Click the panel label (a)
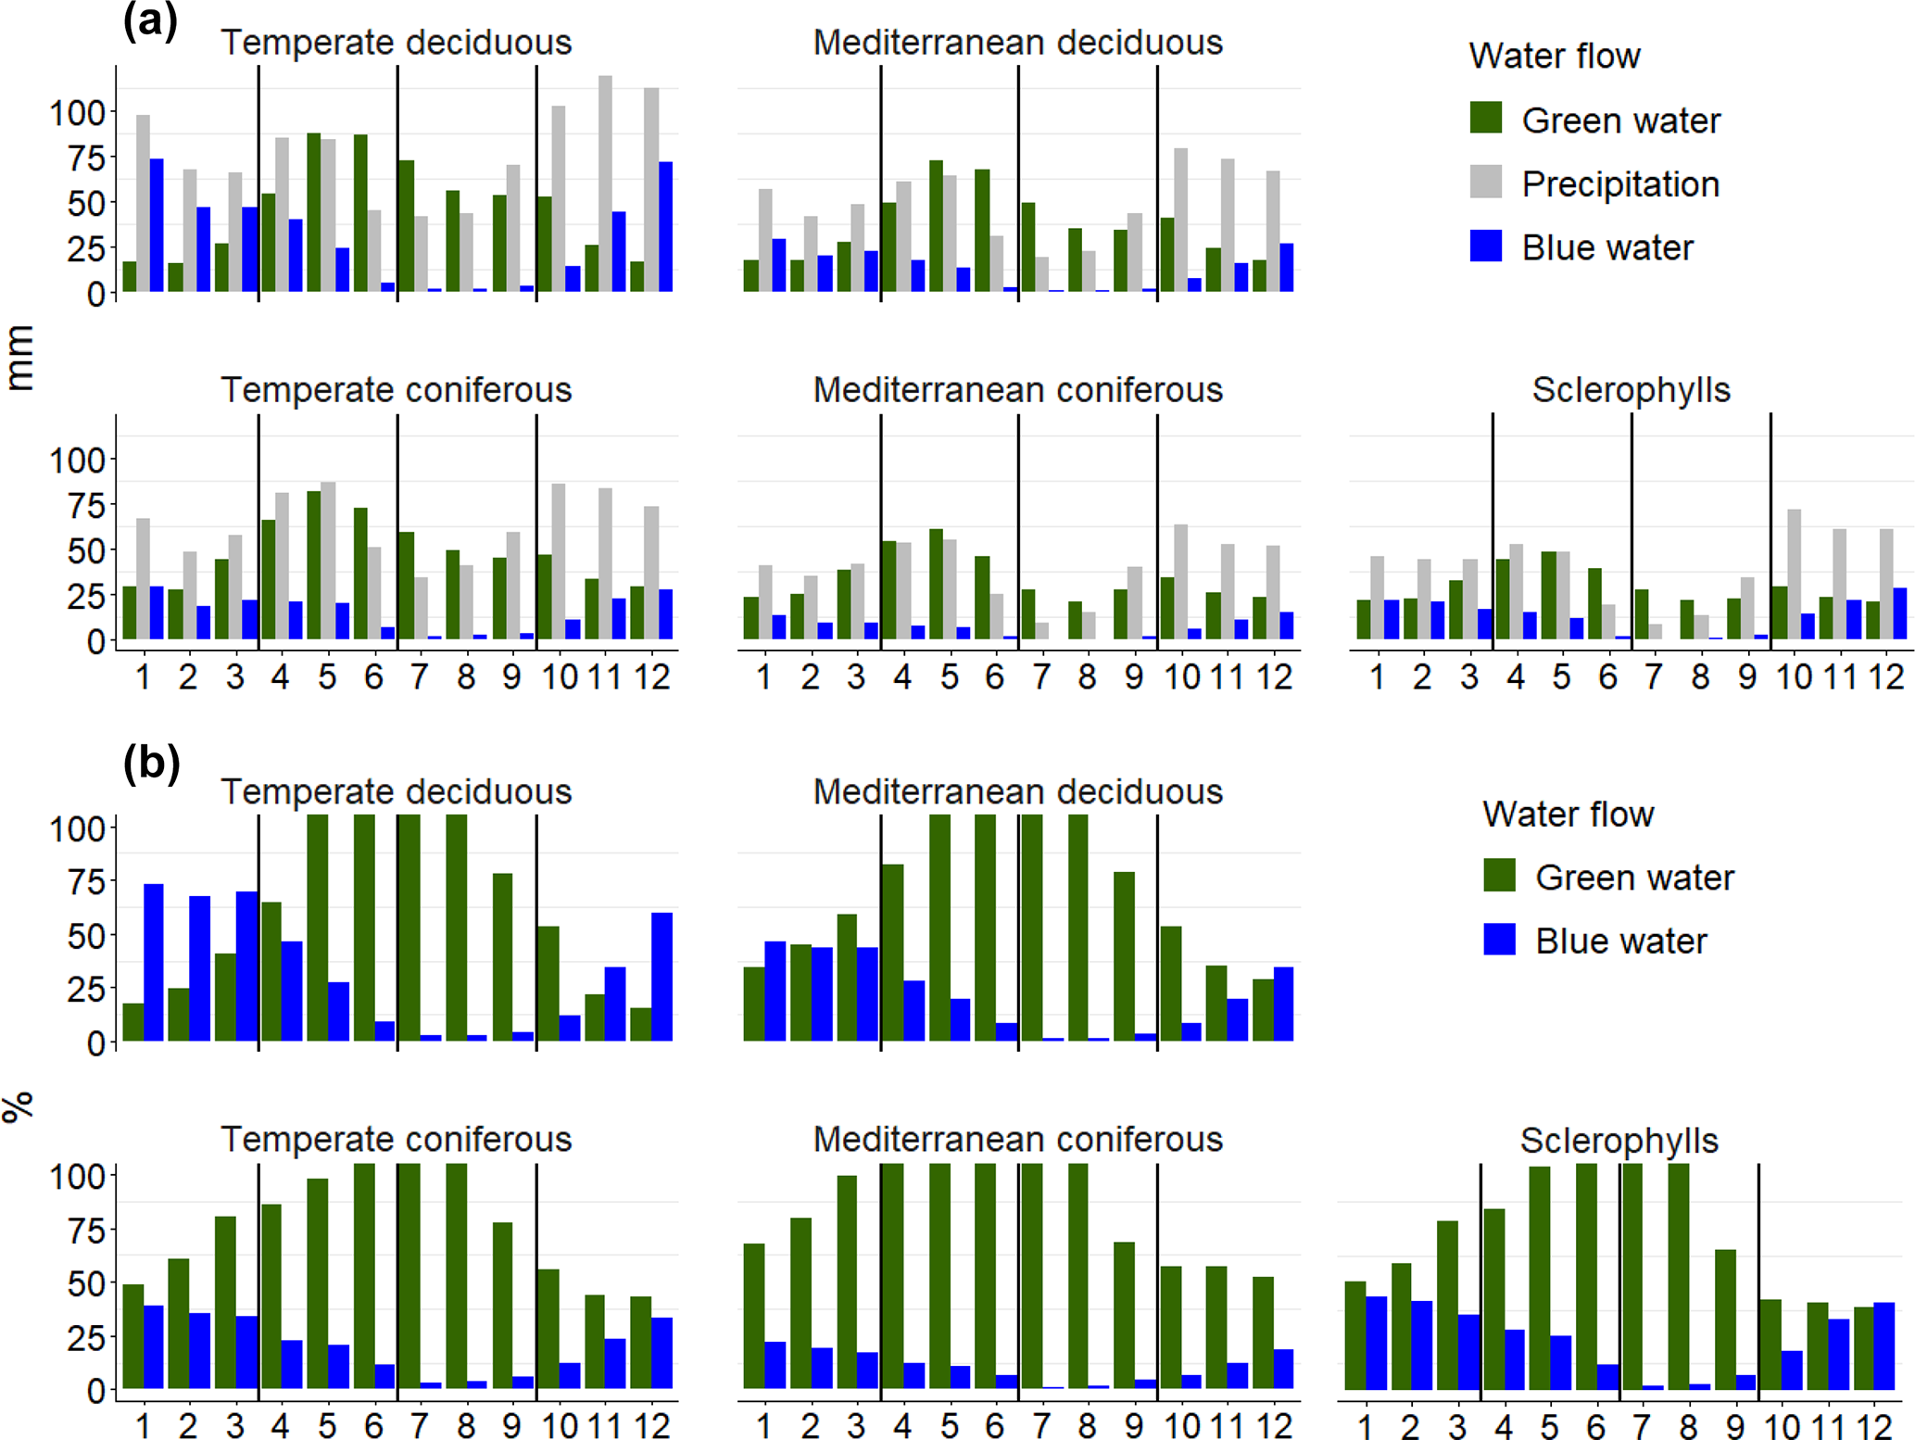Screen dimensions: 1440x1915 [x=149, y=21]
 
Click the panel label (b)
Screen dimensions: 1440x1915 [x=151, y=763]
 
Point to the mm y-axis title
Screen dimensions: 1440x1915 [x=20, y=358]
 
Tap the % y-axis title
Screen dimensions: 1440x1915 [x=19, y=1106]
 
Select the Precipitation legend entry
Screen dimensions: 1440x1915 [x=1619, y=183]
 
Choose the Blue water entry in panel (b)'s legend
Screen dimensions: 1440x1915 [x=1620, y=941]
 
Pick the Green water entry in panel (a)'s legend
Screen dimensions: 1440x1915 [x=1620, y=120]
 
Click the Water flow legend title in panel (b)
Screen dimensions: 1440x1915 [x=1568, y=814]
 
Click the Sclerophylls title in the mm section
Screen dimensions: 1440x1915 [x=1631, y=390]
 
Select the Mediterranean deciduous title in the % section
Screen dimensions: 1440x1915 [x=1017, y=792]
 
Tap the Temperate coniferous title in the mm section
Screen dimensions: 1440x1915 [x=396, y=390]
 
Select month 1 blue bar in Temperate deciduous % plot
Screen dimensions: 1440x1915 [x=154, y=962]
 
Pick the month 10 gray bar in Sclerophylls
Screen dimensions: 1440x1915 [x=1795, y=574]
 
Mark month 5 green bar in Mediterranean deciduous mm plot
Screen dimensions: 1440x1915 [x=936, y=226]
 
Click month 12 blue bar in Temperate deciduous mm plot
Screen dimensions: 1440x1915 [x=665, y=227]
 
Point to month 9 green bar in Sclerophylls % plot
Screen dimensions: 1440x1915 [x=1725, y=1319]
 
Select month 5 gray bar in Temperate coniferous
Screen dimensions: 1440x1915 [x=328, y=560]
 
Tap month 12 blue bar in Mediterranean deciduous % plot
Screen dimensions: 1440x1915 [x=1283, y=1004]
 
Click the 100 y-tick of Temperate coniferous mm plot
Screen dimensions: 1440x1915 [x=77, y=461]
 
